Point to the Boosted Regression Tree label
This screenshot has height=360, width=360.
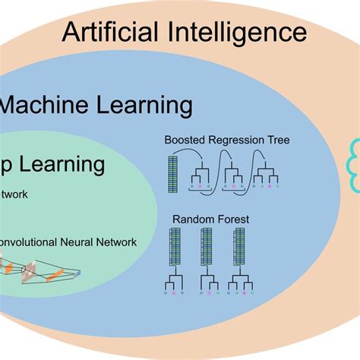[227, 141]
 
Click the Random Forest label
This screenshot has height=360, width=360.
[210, 219]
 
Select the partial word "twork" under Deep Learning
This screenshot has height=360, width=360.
[14, 194]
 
